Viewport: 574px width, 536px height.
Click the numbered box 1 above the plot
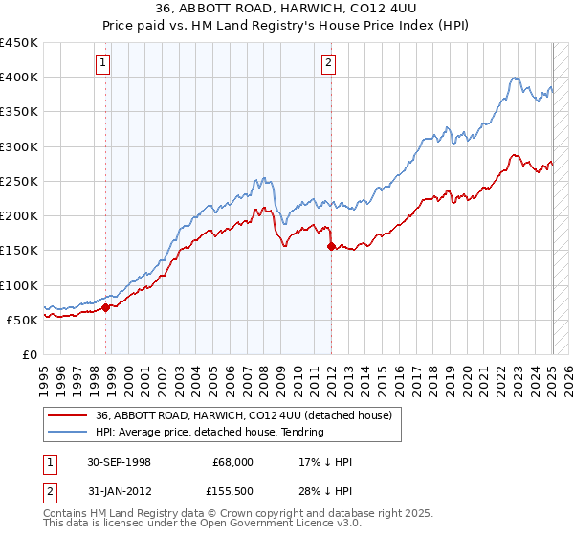(x=102, y=64)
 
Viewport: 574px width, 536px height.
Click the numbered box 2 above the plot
(x=328, y=64)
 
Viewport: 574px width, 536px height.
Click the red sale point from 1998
(x=106, y=307)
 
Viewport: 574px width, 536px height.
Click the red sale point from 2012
(x=332, y=247)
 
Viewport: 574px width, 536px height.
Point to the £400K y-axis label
(x=19, y=78)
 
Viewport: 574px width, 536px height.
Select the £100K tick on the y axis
(x=19, y=285)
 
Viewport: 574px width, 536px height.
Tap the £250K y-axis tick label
(x=19, y=181)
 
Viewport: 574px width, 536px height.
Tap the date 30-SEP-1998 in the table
(x=119, y=462)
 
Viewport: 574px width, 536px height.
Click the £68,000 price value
(x=233, y=462)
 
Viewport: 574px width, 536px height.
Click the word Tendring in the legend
(x=303, y=432)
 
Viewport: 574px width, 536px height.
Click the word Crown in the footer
(x=207, y=513)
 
